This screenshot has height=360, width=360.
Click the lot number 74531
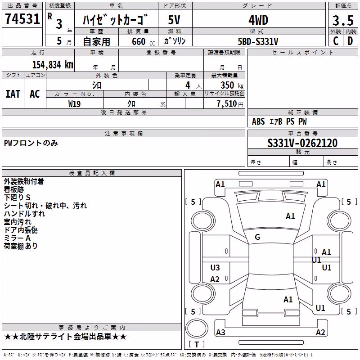click(x=22, y=19)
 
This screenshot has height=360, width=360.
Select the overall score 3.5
click(x=343, y=21)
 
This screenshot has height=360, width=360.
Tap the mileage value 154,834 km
click(x=53, y=65)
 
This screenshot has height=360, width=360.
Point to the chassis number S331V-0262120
click(x=302, y=143)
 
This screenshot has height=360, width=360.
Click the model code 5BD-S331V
click(x=258, y=41)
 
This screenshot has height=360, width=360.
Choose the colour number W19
click(x=74, y=104)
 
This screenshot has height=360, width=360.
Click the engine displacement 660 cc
click(x=143, y=41)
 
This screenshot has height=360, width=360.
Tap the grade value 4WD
click(x=258, y=20)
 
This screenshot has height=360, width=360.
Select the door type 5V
click(x=174, y=20)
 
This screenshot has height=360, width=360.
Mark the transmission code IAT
click(x=13, y=94)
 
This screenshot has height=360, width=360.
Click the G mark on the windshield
click(x=257, y=237)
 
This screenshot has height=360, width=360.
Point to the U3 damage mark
click(x=215, y=267)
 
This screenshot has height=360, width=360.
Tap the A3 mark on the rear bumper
click(x=220, y=332)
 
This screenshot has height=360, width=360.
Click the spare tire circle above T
click(x=197, y=328)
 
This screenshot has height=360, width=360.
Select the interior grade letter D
click(x=350, y=41)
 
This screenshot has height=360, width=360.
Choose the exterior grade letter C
click(x=336, y=41)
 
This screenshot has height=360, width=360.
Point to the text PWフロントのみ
click(x=31, y=143)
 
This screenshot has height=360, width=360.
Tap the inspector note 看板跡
click(x=14, y=189)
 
